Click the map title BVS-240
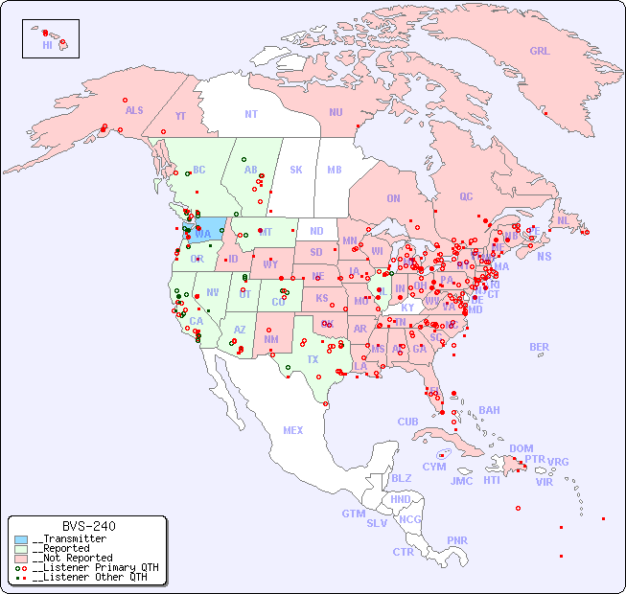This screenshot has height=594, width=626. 88,526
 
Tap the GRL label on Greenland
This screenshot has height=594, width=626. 540,52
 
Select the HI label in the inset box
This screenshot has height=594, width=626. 47,45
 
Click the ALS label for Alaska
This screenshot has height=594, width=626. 134,111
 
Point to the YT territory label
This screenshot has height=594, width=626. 180,116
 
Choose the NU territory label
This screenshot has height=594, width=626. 336,112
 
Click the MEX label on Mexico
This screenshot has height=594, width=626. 293,430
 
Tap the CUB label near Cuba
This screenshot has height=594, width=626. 408,422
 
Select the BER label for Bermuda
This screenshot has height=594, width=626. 540,347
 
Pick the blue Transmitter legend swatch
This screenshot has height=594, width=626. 21,539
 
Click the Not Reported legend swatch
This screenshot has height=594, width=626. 21,558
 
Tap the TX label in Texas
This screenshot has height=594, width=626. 313,359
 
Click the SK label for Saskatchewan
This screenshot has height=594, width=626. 296,170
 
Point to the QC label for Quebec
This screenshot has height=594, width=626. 466,196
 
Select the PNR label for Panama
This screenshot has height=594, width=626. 457,540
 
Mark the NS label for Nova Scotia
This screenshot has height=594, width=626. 544,257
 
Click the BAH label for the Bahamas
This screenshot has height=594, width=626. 489,410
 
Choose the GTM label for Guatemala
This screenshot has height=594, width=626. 353,514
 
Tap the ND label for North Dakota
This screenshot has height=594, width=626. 316,231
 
